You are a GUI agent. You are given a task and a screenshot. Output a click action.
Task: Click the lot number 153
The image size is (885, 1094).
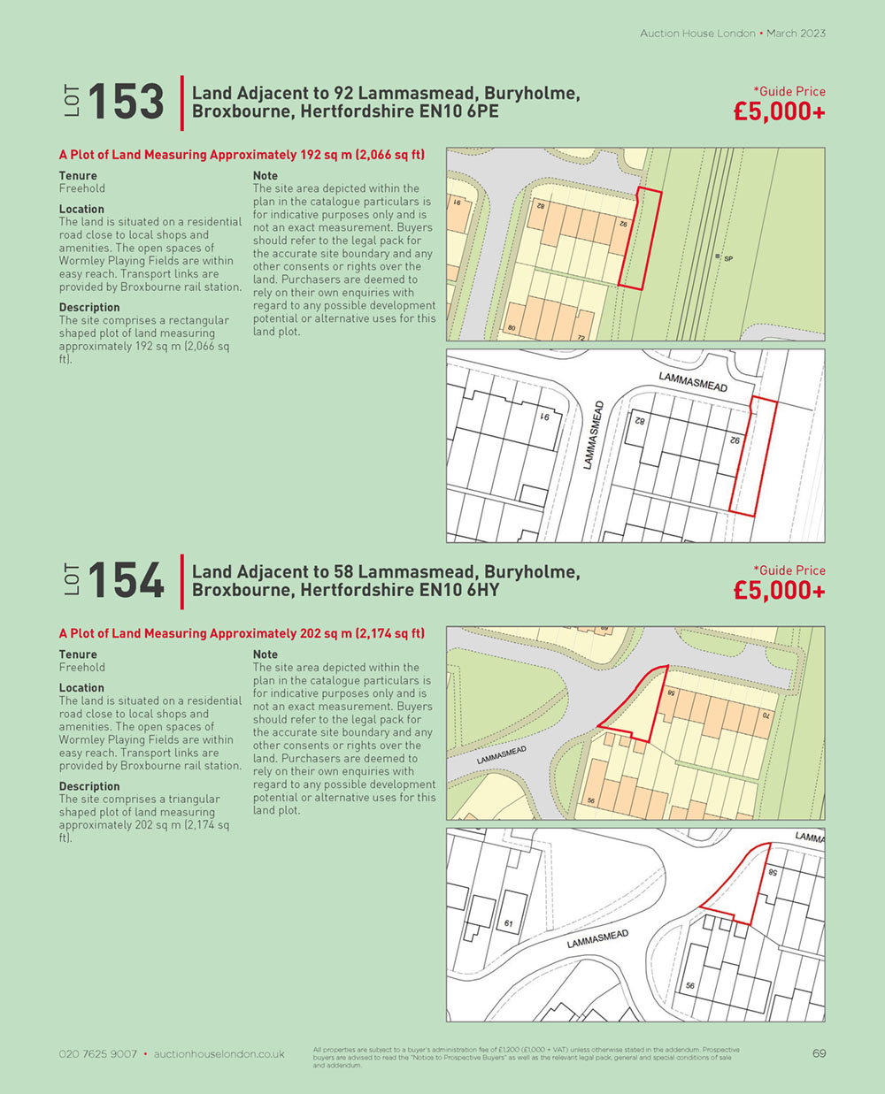coord(127,102)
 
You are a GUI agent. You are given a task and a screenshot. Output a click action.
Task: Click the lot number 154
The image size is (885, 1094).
coord(127,581)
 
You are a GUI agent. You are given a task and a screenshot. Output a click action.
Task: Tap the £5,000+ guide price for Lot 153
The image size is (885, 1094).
coord(779,112)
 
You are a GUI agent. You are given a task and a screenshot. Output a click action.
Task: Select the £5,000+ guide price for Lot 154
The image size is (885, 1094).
coord(779,591)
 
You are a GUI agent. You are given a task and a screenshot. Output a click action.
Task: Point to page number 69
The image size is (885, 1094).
coord(819,1053)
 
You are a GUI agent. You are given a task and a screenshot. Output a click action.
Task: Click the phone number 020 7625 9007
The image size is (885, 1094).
coord(98,1054)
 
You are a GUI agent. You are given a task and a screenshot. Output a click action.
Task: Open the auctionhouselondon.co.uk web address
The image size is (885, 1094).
coord(219,1054)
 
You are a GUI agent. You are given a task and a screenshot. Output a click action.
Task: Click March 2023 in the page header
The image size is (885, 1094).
coord(796,34)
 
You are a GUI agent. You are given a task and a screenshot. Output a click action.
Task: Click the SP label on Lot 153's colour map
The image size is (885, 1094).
coord(728,258)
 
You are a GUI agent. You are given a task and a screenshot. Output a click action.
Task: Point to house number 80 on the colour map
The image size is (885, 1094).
coord(512,329)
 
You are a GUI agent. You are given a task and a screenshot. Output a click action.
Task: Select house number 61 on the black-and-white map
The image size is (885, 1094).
coord(508,924)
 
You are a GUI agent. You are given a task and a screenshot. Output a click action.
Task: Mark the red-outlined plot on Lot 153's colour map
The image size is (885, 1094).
coord(639,239)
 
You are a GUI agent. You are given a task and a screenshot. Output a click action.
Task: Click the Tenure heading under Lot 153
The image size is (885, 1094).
coord(78,176)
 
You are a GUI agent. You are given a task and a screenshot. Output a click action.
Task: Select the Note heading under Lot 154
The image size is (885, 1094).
coord(265,654)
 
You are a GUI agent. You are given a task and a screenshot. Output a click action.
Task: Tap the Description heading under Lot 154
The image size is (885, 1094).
coord(89,786)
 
